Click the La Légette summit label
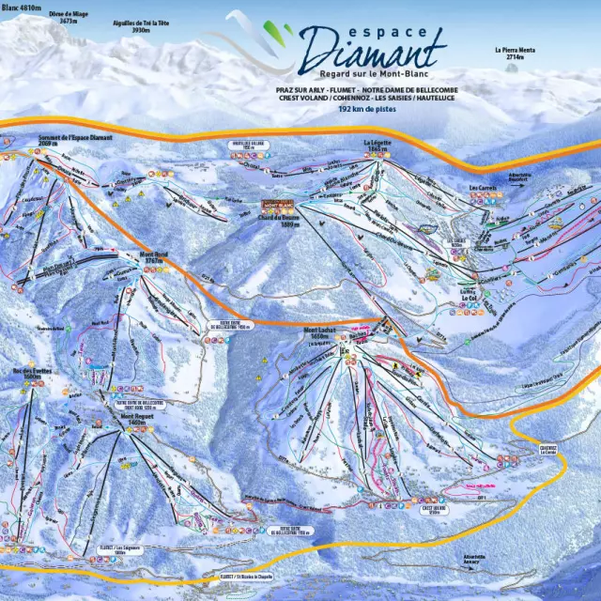point(377,145)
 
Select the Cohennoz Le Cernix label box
point(548,450)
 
